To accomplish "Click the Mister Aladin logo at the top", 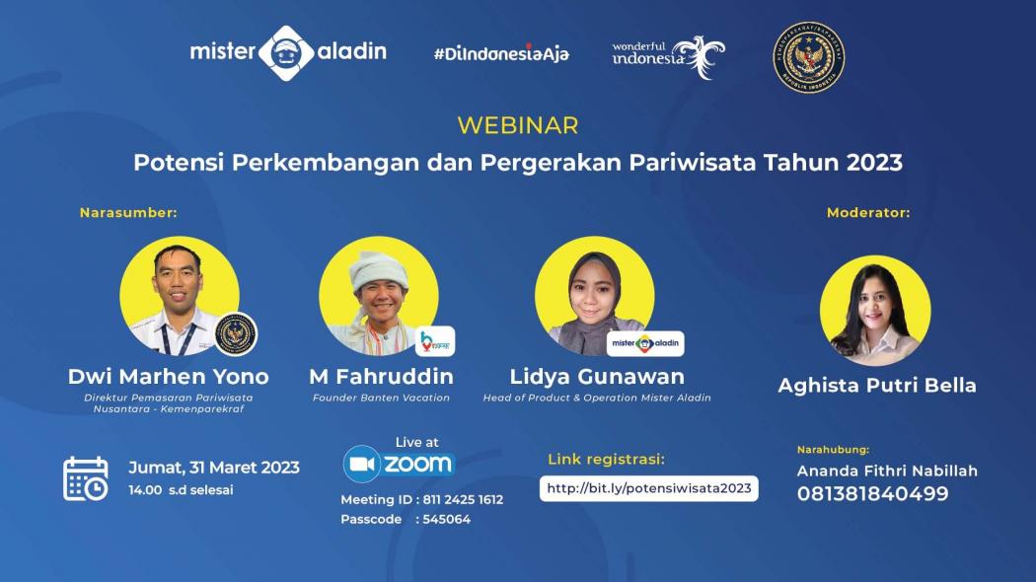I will [x=287, y=53].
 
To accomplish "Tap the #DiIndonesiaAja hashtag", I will [x=500, y=53].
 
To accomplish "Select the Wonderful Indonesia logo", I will [x=667, y=55].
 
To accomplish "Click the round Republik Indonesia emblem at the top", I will [x=808, y=57].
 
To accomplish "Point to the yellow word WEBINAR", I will [x=518, y=126].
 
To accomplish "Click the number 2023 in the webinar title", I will [x=873, y=163].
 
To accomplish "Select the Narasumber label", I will [x=128, y=212].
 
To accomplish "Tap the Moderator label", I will [x=868, y=212].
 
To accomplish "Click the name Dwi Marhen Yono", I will [x=168, y=377].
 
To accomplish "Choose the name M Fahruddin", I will [x=381, y=377].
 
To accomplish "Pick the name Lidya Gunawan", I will [x=596, y=377].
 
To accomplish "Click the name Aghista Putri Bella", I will [x=876, y=386].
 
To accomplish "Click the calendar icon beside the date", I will [x=86, y=478].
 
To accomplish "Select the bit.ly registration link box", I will [x=648, y=488].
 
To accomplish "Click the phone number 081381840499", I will [x=872, y=494].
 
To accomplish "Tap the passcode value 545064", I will [x=446, y=519].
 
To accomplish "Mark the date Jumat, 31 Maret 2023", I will [x=214, y=468].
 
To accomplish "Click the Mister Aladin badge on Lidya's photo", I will [x=645, y=343].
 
